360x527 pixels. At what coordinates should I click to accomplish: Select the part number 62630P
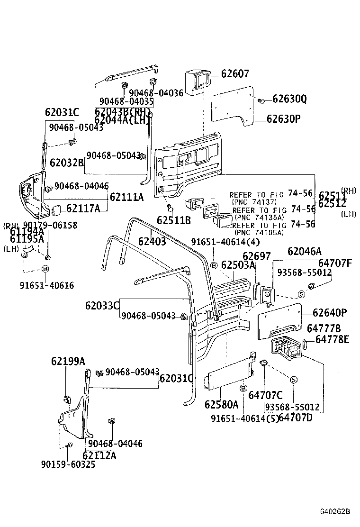[283, 119]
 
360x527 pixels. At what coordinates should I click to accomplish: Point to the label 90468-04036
[156, 93]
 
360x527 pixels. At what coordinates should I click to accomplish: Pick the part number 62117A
[83, 208]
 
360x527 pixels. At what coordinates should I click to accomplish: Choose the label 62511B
[174, 220]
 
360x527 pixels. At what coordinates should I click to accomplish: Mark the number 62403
[152, 241]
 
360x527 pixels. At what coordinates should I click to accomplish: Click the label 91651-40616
[47, 285]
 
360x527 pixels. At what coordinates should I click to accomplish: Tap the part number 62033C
[102, 306]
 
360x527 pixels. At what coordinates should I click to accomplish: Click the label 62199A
[68, 362]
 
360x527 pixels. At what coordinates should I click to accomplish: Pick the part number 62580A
[221, 404]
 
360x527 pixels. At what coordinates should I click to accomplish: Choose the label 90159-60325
[68, 464]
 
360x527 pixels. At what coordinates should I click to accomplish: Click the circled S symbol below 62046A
[301, 294]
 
